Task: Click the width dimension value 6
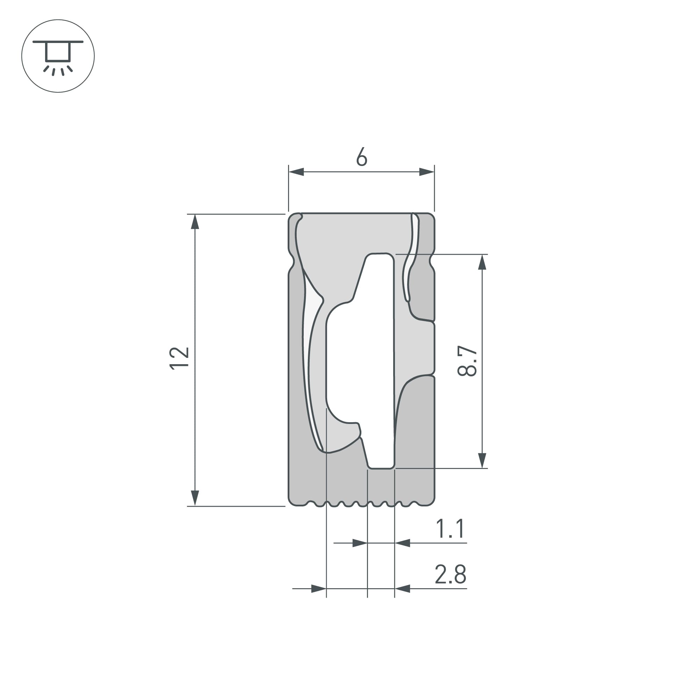(x=361, y=157)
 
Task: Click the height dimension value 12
(x=179, y=358)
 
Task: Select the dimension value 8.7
(x=467, y=361)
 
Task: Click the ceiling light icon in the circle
(x=58, y=56)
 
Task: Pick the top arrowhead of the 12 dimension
(x=195, y=222)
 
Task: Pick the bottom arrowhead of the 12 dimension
(x=195, y=498)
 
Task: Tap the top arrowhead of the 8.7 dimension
(x=482, y=262)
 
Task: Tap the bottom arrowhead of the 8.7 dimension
(x=482, y=461)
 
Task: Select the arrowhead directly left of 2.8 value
(x=402, y=589)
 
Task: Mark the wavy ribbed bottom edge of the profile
(x=362, y=504)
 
